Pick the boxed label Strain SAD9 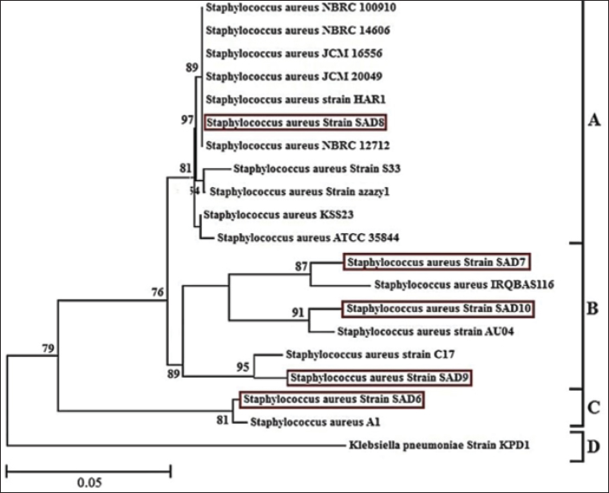[380, 378]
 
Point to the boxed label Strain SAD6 [333, 400]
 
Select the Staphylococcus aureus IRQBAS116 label [463, 284]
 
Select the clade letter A [593, 121]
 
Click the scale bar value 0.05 [87, 483]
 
